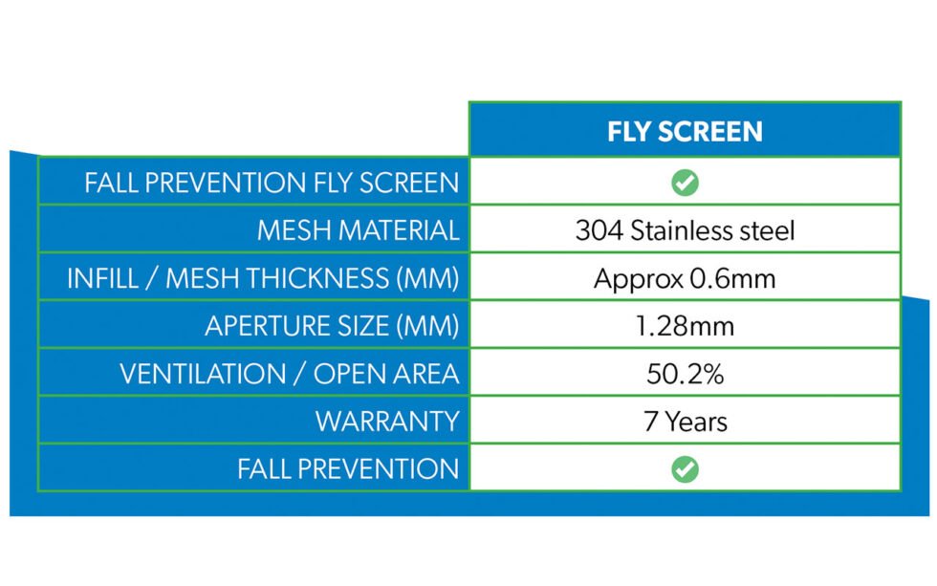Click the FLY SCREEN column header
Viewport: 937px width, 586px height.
coord(685,131)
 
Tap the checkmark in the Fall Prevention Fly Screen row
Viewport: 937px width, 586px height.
coord(685,183)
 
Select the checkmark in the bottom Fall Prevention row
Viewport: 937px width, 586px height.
coord(685,468)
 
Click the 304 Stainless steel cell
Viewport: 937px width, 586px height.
coord(685,230)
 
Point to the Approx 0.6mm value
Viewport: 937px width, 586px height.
coord(685,278)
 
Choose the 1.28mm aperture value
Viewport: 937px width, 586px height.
coord(685,326)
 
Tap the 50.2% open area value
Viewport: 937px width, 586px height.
coord(685,374)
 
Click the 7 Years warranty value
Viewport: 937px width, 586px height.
coord(685,422)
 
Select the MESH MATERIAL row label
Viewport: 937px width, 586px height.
coord(358,230)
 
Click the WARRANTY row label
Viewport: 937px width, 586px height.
coord(387,422)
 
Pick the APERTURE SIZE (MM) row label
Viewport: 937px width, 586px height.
coord(332,326)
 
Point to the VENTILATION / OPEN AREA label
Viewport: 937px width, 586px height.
coord(289,374)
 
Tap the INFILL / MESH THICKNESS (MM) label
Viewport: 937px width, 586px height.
coord(263,278)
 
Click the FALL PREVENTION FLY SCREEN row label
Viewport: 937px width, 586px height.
coord(272,183)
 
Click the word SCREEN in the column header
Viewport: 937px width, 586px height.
coord(712,131)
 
